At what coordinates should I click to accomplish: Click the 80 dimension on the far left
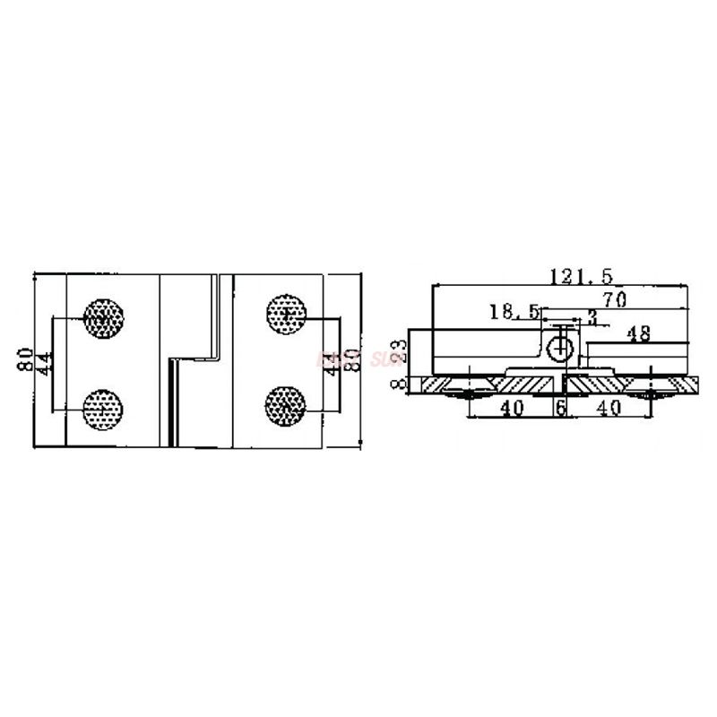point(28,360)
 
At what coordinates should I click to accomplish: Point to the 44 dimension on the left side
point(44,364)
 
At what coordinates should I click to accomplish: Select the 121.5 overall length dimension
point(577,276)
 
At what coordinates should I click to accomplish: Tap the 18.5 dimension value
point(514,312)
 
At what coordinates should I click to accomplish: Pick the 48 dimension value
point(638,333)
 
